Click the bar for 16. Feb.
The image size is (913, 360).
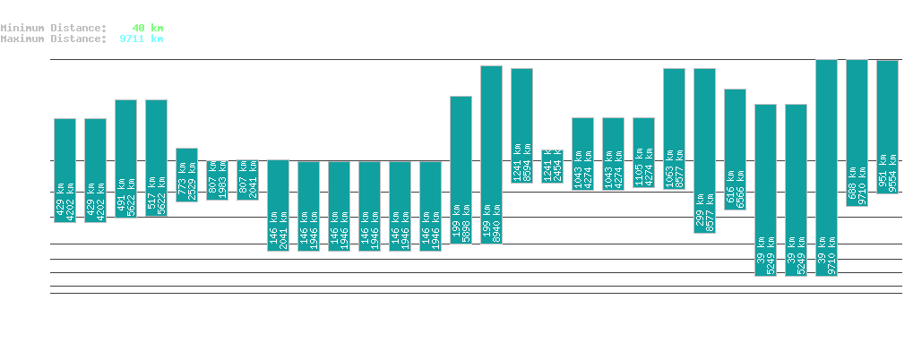pyautogui.click(x=65, y=170)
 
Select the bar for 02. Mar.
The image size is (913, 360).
pyautogui.click(x=491, y=154)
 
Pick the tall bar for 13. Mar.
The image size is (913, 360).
pyautogui.click(x=826, y=167)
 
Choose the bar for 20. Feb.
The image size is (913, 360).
pyautogui.click(x=186, y=175)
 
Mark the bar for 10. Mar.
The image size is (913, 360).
pyautogui.click(x=735, y=149)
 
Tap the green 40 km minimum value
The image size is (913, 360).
pyautogui.click(x=147, y=28)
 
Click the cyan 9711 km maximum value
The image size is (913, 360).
pyautogui.click(x=142, y=39)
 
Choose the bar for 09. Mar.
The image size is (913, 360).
pyautogui.click(x=704, y=150)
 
